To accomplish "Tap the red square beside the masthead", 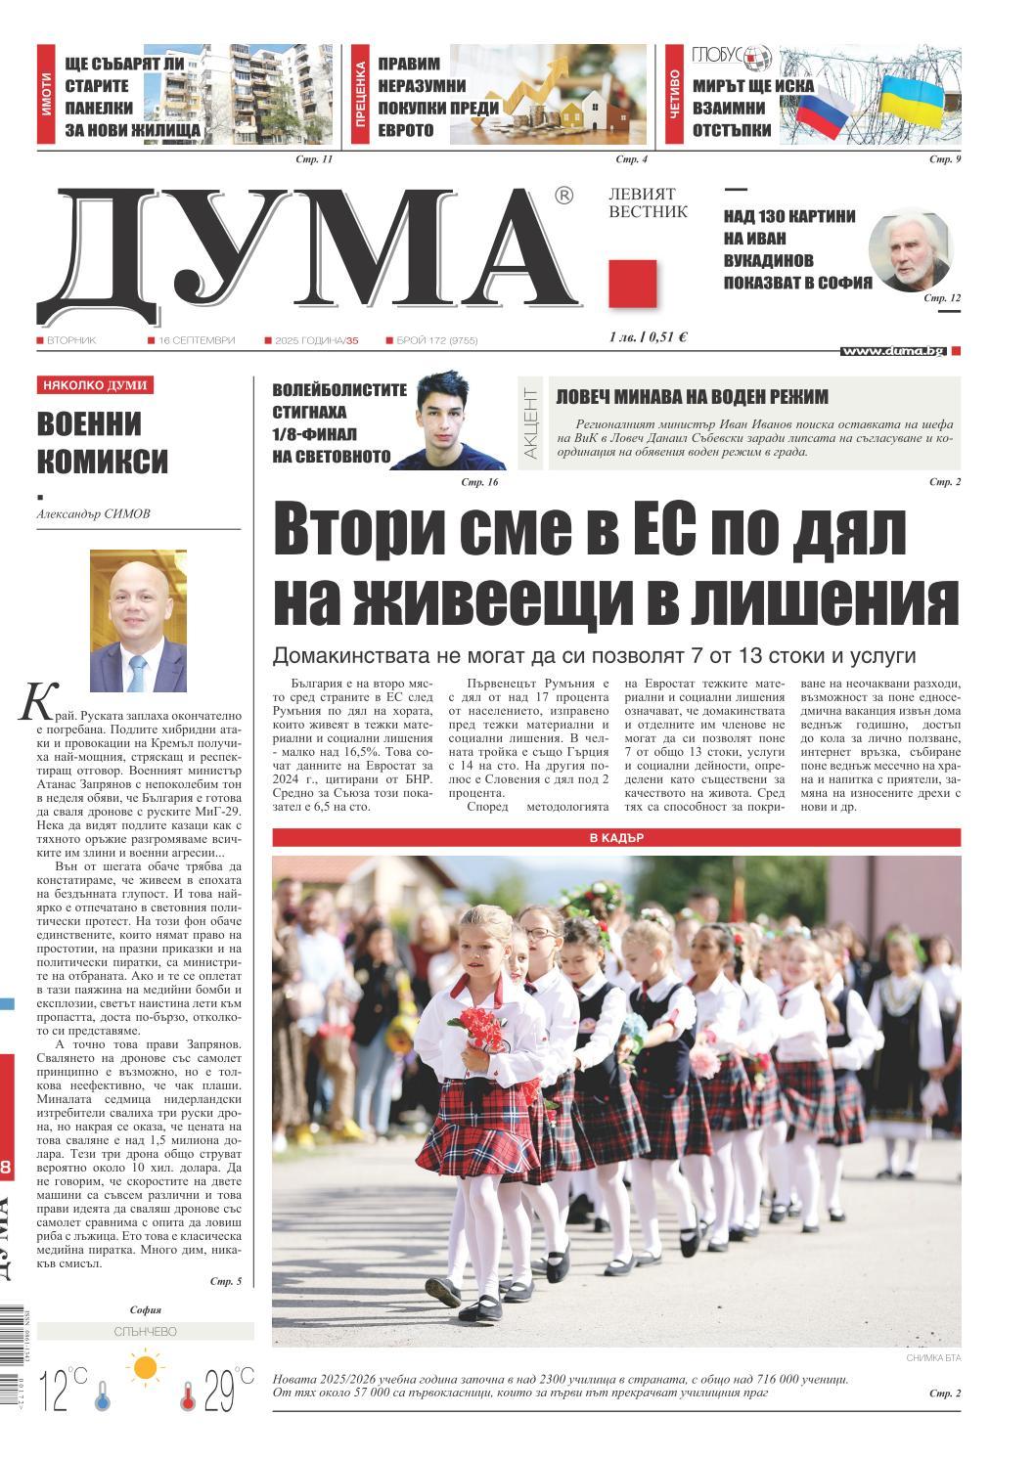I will click(x=632, y=285).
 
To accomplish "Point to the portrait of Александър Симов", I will click(x=138, y=620).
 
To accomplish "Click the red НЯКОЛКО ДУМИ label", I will click(x=95, y=385).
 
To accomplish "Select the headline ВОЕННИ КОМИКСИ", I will click(x=103, y=442).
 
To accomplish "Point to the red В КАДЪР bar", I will click(x=616, y=838).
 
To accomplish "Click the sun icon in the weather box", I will click(x=147, y=1366).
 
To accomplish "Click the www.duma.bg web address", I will click(x=892, y=351).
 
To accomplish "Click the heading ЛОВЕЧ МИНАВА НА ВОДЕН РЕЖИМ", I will click(x=692, y=397).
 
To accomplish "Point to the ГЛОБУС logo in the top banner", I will click(x=732, y=57).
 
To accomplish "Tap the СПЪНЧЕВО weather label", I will click(x=146, y=1332).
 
